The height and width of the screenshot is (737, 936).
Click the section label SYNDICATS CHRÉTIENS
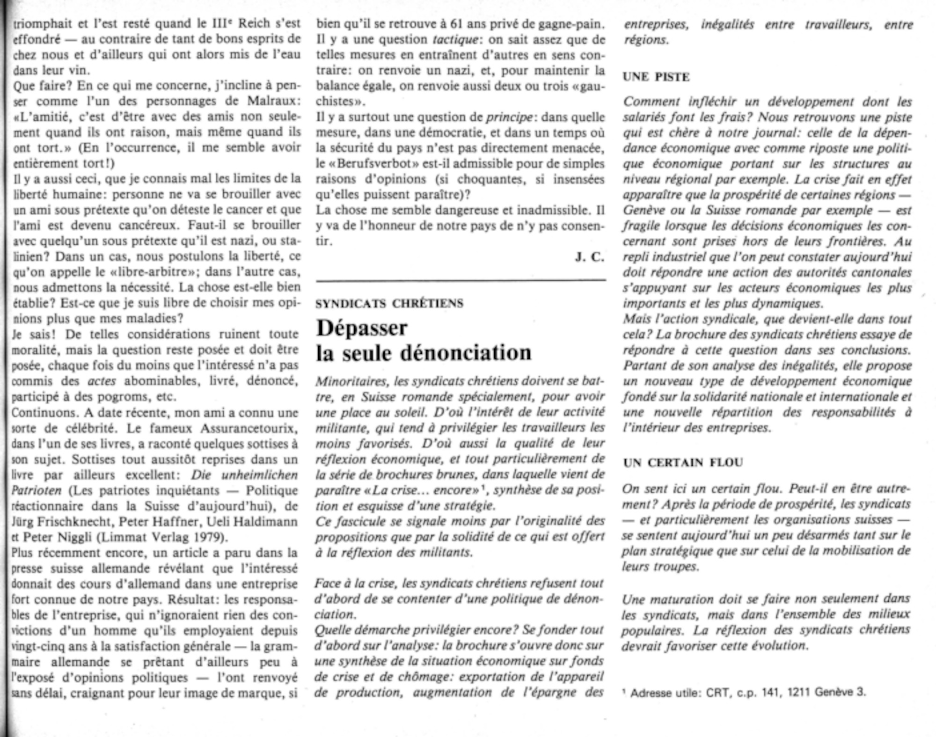click(389, 304)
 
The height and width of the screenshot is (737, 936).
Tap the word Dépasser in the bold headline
click(362, 328)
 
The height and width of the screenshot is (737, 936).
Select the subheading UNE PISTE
click(656, 77)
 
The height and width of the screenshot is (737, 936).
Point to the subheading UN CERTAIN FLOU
click(683, 463)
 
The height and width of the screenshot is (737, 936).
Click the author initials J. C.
click(590, 257)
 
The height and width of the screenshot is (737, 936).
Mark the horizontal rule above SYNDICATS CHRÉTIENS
click(461, 281)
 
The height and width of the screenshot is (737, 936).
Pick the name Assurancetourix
click(249, 428)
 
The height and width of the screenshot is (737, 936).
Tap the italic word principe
click(510, 117)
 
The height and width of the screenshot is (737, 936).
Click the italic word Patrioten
click(37, 491)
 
